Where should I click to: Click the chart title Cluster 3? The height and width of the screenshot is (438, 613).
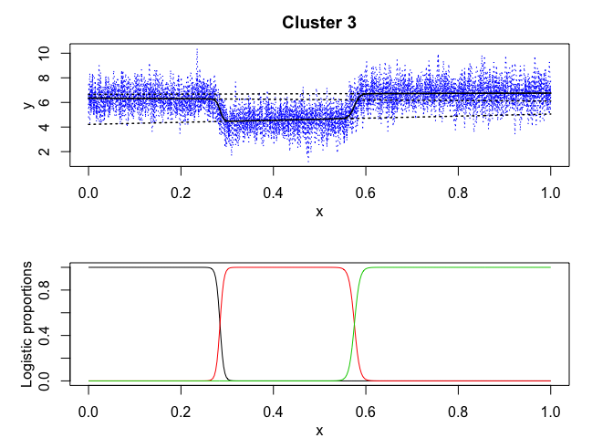click(318, 22)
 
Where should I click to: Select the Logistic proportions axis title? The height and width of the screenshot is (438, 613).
click(28, 324)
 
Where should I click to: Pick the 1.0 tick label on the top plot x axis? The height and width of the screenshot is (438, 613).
click(550, 193)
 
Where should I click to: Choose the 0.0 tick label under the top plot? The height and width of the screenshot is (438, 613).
click(88, 193)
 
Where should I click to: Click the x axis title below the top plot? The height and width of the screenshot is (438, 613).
click(318, 213)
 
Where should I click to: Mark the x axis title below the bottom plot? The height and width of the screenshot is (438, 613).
click(318, 429)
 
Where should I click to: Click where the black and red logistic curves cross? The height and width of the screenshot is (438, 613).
click(219, 324)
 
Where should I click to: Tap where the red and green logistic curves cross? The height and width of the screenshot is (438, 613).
click(354, 324)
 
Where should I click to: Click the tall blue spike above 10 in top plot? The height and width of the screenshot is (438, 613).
click(196, 50)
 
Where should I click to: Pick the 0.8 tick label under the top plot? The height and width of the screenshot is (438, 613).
click(458, 193)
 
